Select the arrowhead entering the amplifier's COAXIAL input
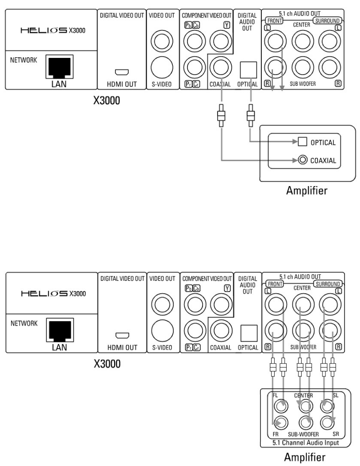(294, 159)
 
